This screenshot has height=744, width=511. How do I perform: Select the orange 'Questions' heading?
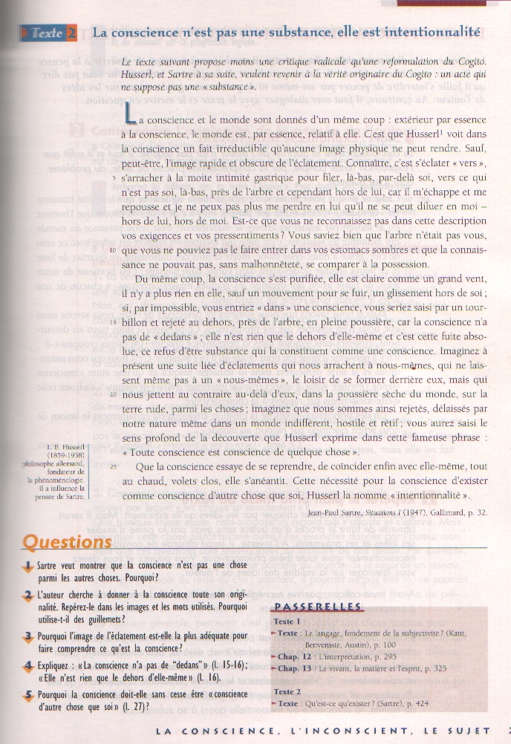67,542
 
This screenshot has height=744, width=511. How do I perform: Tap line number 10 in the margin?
111,250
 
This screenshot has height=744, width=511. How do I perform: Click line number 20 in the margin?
111,395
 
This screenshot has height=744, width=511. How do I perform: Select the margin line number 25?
111,466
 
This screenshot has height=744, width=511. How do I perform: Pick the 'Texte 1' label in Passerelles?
287,621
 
